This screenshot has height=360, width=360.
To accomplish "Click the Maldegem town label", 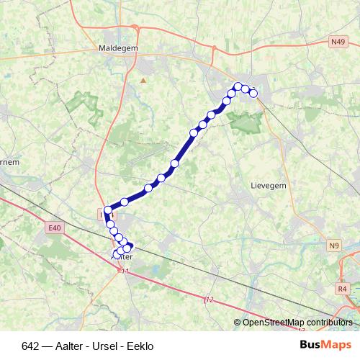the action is click(x=118, y=50).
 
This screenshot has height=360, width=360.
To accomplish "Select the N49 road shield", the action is click(x=338, y=43).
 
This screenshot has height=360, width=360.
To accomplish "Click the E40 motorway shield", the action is click(x=54, y=228).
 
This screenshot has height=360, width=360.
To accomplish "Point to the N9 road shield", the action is click(x=333, y=246).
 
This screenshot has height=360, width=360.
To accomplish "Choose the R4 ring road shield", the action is click(x=342, y=288).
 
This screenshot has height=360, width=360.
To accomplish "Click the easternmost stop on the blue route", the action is click(x=253, y=92).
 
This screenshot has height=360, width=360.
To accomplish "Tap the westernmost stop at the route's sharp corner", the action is click(x=108, y=211).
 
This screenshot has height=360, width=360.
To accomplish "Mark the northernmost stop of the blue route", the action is click(x=238, y=86).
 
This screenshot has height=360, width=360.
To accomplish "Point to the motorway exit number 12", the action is click(x=210, y=299).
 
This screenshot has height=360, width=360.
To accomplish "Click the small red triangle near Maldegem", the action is click(x=143, y=80).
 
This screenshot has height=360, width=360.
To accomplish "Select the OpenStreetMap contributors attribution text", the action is click(x=294, y=323).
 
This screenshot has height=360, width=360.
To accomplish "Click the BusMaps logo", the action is click(x=325, y=345).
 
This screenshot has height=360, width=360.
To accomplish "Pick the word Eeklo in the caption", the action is click(x=140, y=346).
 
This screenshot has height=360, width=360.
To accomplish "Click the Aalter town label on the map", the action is click(x=122, y=257).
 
